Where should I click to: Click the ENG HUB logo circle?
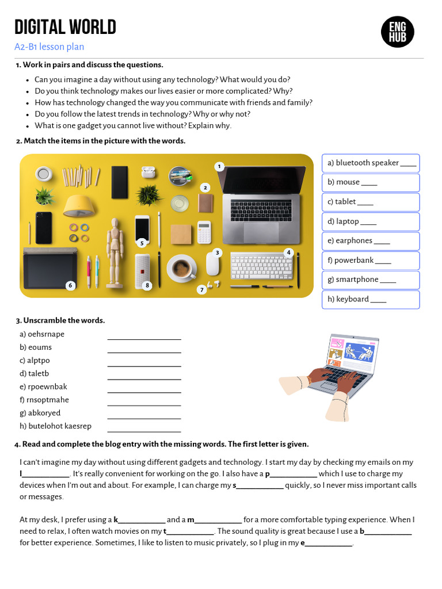pyautogui.click(x=398, y=32)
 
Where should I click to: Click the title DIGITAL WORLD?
pyautogui.click(x=65, y=27)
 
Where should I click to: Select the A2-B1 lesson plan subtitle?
pyautogui.click(x=49, y=47)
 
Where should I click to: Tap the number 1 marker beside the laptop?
pyautogui.click(x=219, y=167)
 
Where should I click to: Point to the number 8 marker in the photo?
pyautogui.click(x=147, y=285)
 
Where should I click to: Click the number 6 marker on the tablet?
pyautogui.click(x=70, y=285)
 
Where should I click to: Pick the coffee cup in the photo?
pyautogui.click(x=181, y=267)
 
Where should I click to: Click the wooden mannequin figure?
pyautogui.click(x=115, y=250)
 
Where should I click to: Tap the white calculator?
pyautogui.click(x=204, y=232)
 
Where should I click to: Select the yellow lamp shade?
pyautogui.click(x=79, y=205)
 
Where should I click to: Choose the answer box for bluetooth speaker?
pyautogui.click(x=371, y=163)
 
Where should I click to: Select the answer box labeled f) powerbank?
pyautogui.click(x=371, y=261)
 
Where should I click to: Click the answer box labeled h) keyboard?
pyautogui.click(x=371, y=299)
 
